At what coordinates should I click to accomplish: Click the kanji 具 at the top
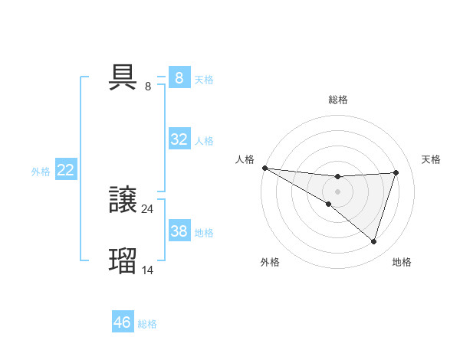pyautogui.click(x=123, y=77)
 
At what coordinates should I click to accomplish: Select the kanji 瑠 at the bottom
pyautogui.click(x=123, y=260)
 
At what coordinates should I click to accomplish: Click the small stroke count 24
pyautogui.click(x=148, y=208)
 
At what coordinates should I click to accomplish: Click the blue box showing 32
pyautogui.click(x=179, y=139)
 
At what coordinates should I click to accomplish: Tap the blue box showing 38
pyautogui.click(x=179, y=231)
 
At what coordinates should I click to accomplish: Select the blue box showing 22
pyautogui.click(x=65, y=170)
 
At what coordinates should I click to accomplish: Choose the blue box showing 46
pyautogui.click(x=122, y=322)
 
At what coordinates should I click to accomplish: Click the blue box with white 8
pyautogui.click(x=179, y=78)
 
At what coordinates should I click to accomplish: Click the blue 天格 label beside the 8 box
pyautogui.click(x=204, y=80)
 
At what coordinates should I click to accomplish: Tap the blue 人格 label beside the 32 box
pyautogui.click(x=204, y=141)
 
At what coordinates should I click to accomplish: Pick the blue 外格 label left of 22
pyautogui.click(x=41, y=172)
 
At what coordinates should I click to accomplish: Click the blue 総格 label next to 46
pyautogui.click(x=147, y=324)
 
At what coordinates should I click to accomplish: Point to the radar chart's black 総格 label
pyautogui.click(x=337, y=100)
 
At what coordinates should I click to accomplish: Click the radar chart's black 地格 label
pyautogui.click(x=402, y=262)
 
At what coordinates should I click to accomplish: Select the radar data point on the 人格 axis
pyautogui.click(x=264, y=168)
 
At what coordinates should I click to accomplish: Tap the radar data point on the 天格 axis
pyautogui.click(x=396, y=172)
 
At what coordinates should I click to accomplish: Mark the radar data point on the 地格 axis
pyautogui.click(x=373, y=241)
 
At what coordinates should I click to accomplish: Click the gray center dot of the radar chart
pyautogui.click(x=337, y=191)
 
